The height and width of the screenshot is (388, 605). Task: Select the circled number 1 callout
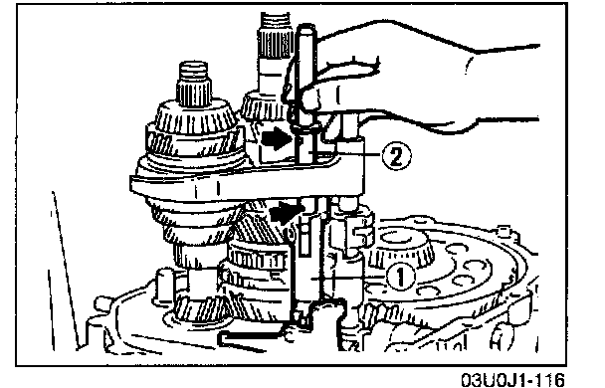coord(401,277)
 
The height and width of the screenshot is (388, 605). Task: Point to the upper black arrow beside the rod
coord(276,138)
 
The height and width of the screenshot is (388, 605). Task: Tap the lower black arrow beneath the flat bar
coord(287,211)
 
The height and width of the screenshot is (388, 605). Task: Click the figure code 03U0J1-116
coord(513,379)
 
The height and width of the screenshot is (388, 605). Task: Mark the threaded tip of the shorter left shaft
coord(194,71)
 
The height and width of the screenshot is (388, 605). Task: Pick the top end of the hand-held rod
coord(306,28)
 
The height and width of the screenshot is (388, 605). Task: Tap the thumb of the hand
coord(343,74)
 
